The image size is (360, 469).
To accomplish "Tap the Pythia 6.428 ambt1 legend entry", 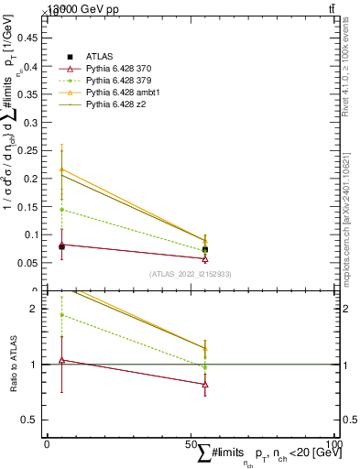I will point(117,93).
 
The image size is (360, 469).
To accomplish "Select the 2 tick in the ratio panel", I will point(38,309).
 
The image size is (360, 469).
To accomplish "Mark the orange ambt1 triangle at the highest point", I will point(61,169).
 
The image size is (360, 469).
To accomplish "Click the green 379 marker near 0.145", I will point(61,209).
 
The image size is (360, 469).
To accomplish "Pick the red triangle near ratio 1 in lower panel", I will point(61,360).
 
